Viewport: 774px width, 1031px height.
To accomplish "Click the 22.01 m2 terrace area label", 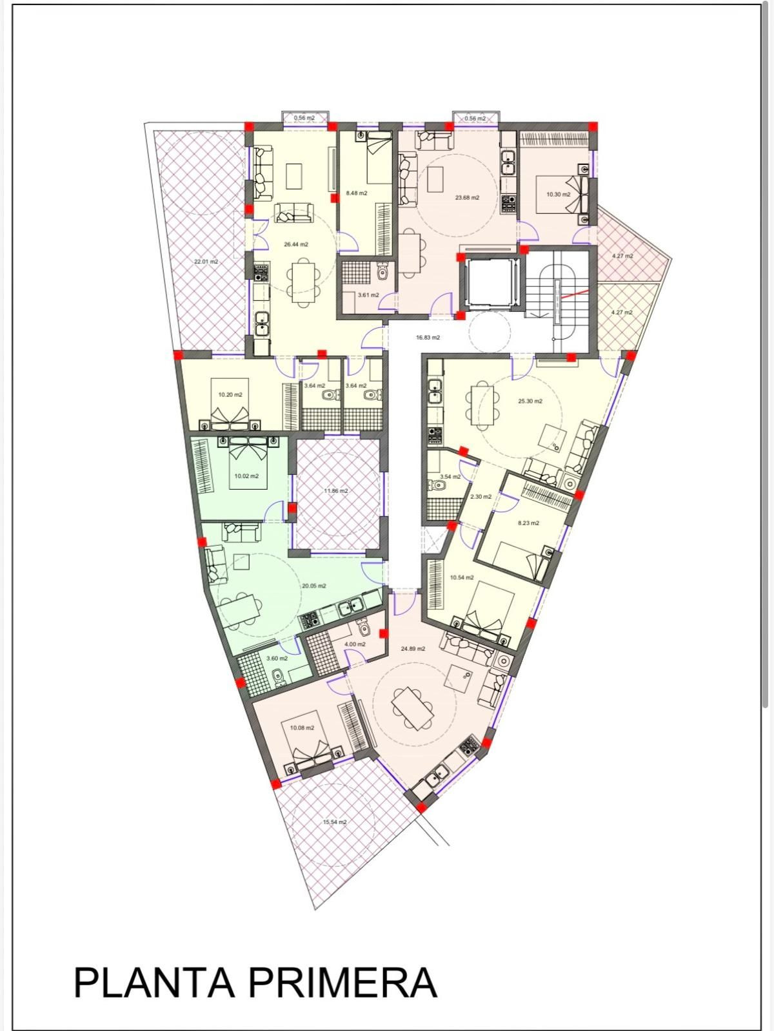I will [206, 262].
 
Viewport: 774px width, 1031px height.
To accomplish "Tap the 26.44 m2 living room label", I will [296, 244].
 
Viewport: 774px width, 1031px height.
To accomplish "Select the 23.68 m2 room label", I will [467, 198].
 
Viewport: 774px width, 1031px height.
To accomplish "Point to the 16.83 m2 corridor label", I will [428, 337].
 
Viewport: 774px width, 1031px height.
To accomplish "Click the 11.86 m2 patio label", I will [335, 490].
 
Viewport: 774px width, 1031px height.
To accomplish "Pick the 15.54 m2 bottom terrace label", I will [334, 822].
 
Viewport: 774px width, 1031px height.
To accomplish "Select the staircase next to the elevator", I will [557, 287].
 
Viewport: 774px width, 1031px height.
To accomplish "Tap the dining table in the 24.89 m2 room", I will [413, 708].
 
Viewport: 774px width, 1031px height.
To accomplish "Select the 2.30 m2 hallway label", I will [481, 496].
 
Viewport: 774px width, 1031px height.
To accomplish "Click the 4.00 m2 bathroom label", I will [355, 644].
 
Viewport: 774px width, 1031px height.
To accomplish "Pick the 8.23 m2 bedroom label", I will [528, 523].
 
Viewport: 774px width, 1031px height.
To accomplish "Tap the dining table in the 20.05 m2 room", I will [241, 606].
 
